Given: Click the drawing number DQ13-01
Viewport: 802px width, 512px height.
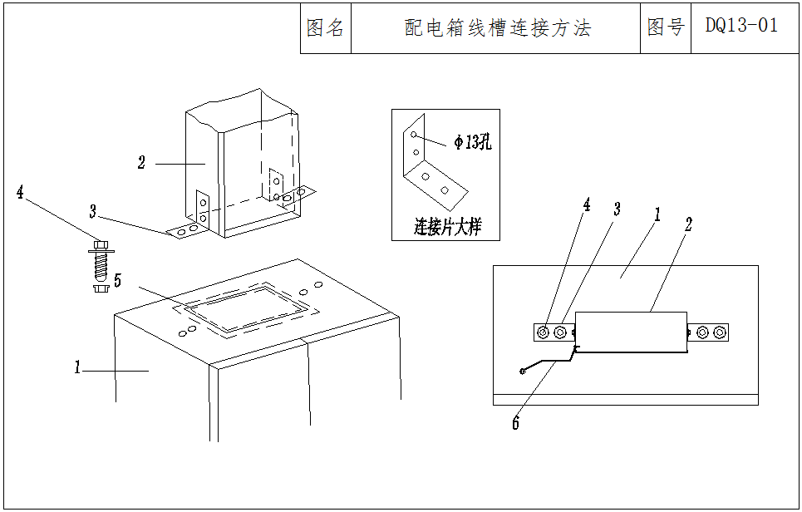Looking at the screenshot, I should click(741, 27).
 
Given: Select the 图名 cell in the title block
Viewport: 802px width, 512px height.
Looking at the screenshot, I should click(325, 28).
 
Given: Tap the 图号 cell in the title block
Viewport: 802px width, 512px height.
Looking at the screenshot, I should click(665, 27).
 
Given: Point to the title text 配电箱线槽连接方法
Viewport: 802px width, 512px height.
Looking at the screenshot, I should click(497, 28).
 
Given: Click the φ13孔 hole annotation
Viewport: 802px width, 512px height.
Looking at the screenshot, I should click(472, 142).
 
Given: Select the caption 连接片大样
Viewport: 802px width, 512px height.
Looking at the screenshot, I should click(447, 226).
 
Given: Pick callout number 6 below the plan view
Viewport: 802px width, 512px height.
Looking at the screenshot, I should click(515, 424).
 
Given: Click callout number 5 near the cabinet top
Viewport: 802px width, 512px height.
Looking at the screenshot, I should click(117, 281).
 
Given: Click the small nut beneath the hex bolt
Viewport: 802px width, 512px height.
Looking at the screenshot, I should click(99, 289).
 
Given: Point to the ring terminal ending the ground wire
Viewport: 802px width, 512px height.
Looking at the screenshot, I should click(521, 370).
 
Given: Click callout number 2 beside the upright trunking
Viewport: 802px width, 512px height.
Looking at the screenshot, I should click(142, 163).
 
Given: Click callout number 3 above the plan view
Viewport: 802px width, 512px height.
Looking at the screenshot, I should click(616, 209).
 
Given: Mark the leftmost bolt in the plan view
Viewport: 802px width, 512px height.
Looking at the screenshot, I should click(544, 332).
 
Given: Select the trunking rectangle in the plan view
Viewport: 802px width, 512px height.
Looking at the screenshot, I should click(631, 332).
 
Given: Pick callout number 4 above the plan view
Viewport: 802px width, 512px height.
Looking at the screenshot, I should click(587, 204).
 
